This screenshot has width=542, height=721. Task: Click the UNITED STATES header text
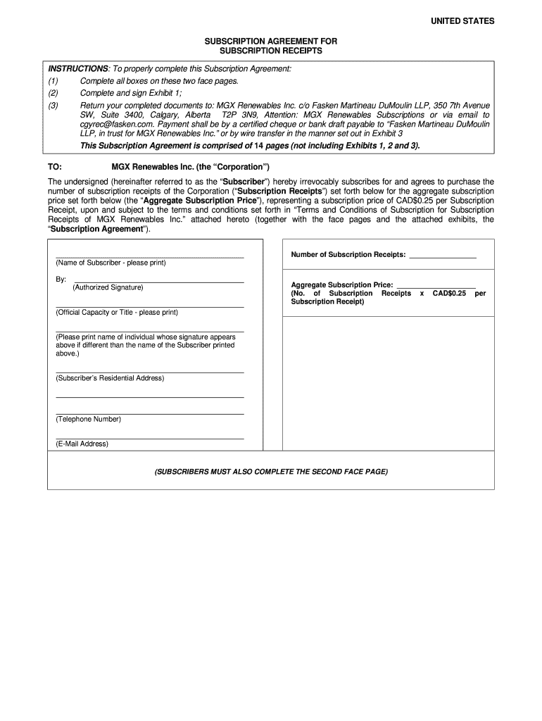coord(462,21)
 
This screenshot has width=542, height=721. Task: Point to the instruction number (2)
coord(53,92)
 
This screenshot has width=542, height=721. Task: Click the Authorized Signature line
coord(158,282)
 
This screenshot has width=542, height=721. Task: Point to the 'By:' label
coord(61,280)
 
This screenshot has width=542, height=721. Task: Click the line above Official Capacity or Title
coord(149,307)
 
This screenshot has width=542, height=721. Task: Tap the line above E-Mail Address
coord(149,439)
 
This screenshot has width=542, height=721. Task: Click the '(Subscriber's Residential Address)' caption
coord(110,378)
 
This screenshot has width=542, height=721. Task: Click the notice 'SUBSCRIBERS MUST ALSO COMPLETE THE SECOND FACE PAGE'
coord(271,471)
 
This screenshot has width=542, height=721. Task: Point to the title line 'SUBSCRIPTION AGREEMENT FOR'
coord(271,42)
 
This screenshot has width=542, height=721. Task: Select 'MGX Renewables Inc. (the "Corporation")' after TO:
coord(191,167)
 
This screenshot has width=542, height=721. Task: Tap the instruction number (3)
coord(53,105)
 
